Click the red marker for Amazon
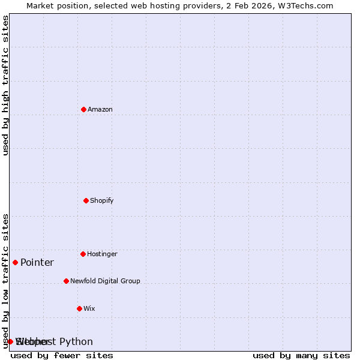point(83,109)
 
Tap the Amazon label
point(100,109)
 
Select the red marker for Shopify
point(86,200)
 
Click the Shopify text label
point(102,200)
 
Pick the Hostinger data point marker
point(83,254)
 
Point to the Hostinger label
point(102,254)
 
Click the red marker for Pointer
point(15,262)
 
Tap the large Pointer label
point(37,262)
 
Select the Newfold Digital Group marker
point(66,281)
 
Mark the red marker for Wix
point(79,308)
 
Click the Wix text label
point(89,308)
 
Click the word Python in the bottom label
point(76,342)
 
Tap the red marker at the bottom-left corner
point(10,341)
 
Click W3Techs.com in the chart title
point(305,5)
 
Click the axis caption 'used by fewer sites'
point(62,355)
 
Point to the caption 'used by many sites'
point(301,355)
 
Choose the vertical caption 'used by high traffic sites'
point(5,85)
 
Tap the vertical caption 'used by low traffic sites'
point(5,281)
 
